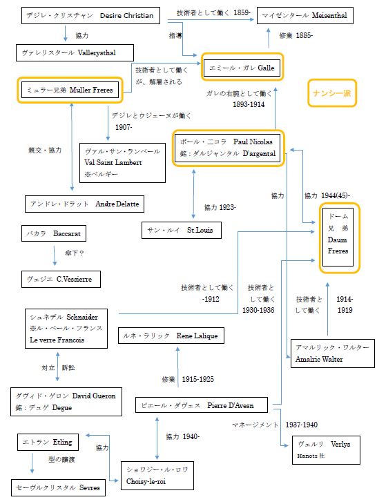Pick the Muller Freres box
(x=70, y=89)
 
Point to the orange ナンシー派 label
(x=333, y=93)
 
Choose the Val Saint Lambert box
(x=123, y=164)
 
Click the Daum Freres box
(x=340, y=236)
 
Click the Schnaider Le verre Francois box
(x=65, y=329)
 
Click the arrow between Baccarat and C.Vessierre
(x=55, y=256)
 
